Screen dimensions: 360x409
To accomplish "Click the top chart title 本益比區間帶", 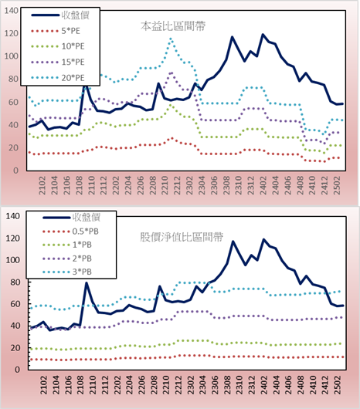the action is [x=173, y=26].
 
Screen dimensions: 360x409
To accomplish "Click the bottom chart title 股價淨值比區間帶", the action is [x=182, y=237].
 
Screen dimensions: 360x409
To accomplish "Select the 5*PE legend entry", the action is [x=56, y=31].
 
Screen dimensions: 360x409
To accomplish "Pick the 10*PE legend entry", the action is [x=58, y=46].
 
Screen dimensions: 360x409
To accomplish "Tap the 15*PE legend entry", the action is [x=58, y=62].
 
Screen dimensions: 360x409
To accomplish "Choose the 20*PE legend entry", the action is [x=58, y=78].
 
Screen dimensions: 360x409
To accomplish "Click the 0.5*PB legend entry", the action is [x=70, y=232].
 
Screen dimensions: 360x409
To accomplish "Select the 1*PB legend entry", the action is [x=67, y=245].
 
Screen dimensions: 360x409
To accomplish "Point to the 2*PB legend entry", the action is [x=67, y=259].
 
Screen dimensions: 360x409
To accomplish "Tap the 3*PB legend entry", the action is [x=67, y=272].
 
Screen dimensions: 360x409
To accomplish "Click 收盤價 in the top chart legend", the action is [x=76, y=15].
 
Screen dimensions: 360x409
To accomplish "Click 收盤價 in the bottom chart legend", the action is [x=87, y=217].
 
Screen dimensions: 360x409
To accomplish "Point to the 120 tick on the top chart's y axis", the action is [x=12, y=33].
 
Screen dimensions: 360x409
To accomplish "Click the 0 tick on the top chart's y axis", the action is [x=16, y=171].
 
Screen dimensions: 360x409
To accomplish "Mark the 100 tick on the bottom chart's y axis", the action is [x=13, y=260].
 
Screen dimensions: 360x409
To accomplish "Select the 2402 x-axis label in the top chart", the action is [x=263, y=185].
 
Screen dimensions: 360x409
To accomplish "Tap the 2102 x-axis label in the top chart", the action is [x=42, y=185].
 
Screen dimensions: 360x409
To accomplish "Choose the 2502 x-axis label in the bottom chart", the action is [x=338, y=385].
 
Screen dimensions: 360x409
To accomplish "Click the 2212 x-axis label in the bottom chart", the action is [x=178, y=385].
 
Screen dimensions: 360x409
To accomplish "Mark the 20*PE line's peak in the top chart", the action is [x=171, y=39].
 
